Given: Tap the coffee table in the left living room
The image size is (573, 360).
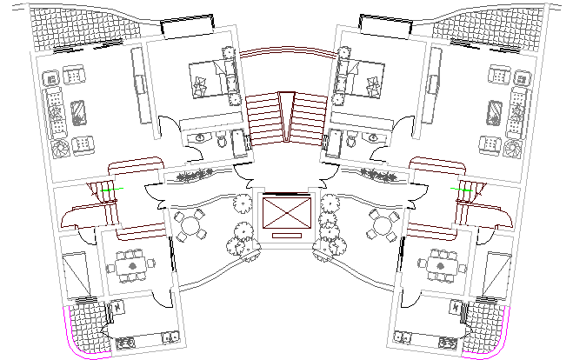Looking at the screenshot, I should [x=77, y=113].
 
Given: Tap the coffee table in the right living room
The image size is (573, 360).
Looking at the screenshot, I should [x=495, y=113].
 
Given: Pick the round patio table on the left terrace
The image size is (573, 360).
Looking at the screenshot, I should [x=189, y=228].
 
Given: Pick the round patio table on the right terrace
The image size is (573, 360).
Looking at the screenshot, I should [x=383, y=228].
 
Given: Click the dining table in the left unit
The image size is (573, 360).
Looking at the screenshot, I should [x=131, y=264].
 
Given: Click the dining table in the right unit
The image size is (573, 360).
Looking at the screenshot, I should [x=441, y=264].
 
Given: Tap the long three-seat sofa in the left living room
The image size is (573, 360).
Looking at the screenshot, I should [x=57, y=113].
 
